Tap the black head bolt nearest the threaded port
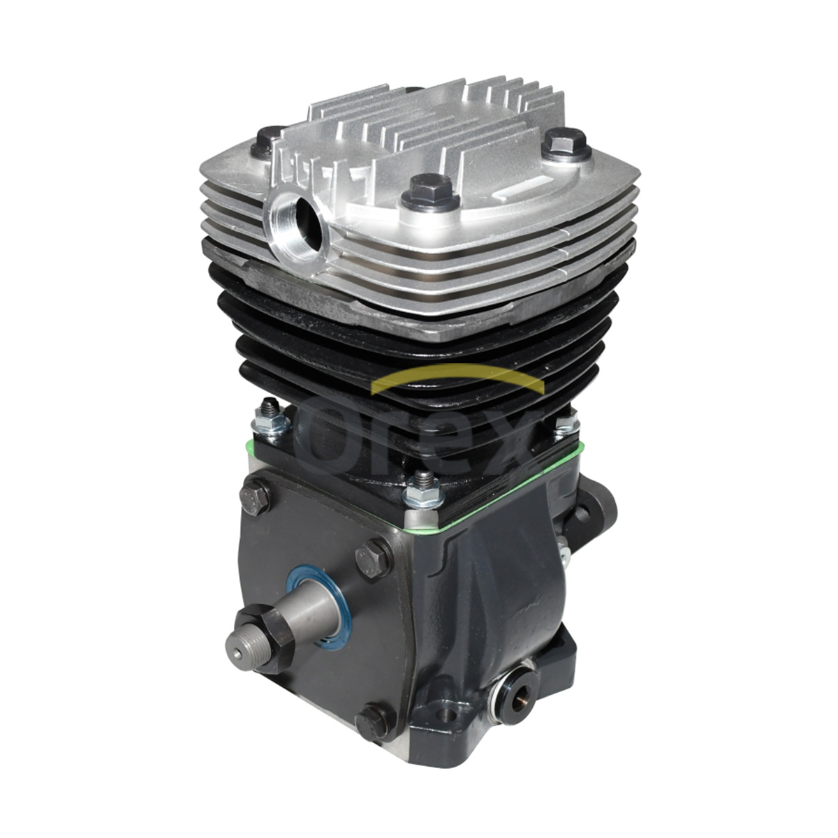pyautogui.click(x=267, y=140)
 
